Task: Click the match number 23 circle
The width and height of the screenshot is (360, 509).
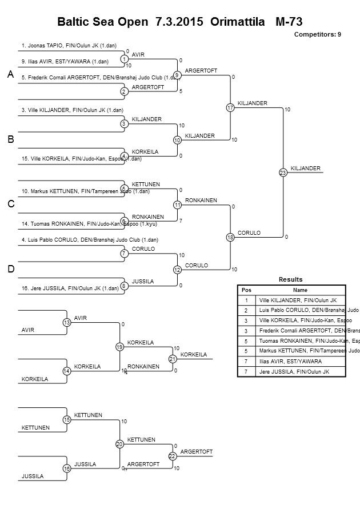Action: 282,173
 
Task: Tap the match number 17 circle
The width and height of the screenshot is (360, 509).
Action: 230,107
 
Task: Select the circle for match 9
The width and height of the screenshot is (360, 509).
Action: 177,75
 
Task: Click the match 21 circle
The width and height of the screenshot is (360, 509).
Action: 171,359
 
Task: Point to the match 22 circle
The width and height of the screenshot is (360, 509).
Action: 171,456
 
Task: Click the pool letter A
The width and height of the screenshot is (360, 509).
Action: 10,75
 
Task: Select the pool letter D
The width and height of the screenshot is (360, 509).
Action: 10,269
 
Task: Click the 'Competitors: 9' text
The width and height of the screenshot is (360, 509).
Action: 317,35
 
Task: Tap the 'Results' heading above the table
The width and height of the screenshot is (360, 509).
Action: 290,279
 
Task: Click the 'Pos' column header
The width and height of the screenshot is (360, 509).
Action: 246,290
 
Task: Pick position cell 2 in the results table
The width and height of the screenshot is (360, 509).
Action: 246,310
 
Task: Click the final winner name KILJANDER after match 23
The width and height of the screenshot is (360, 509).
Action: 306,168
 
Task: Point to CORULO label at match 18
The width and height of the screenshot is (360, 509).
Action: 249,233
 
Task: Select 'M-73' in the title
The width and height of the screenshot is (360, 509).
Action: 289,22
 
